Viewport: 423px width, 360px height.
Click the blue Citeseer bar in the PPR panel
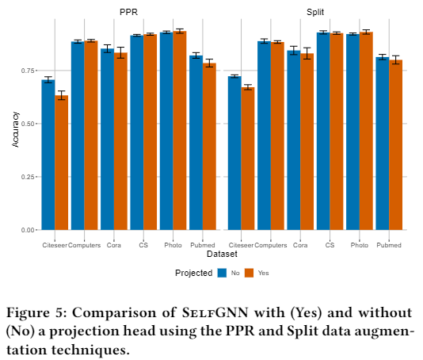click(x=48, y=155)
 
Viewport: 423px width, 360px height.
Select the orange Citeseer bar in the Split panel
click(x=248, y=159)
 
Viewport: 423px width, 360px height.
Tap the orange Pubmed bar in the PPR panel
click(x=209, y=147)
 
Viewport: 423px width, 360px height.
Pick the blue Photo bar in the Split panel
click(x=352, y=132)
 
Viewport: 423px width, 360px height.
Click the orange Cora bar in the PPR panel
click(x=120, y=141)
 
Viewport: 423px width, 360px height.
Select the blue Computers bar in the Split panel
click(x=264, y=136)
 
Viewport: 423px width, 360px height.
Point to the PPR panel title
click(x=128, y=12)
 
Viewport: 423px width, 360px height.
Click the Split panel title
click(x=315, y=12)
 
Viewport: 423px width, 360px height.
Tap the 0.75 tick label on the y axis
click(x=28, y=71)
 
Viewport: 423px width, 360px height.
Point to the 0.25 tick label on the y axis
click(x=28, y=177)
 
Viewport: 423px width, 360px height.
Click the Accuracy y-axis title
click(x=16, y=129)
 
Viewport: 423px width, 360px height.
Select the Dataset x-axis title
click(x=222, y=254)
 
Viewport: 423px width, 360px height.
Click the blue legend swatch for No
click(x=222, y=273)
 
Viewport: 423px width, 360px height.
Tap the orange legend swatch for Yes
click(x=250, y=273)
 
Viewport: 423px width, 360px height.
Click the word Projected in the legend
click(x=194, y=273)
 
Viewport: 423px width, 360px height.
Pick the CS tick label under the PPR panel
click(x=143, y=245)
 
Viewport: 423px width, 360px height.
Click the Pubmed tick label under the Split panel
click(x=389, y=245)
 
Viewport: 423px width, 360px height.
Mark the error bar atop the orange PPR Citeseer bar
click(x=62, y=95)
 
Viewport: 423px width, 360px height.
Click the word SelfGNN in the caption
click(x=215, y=312)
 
